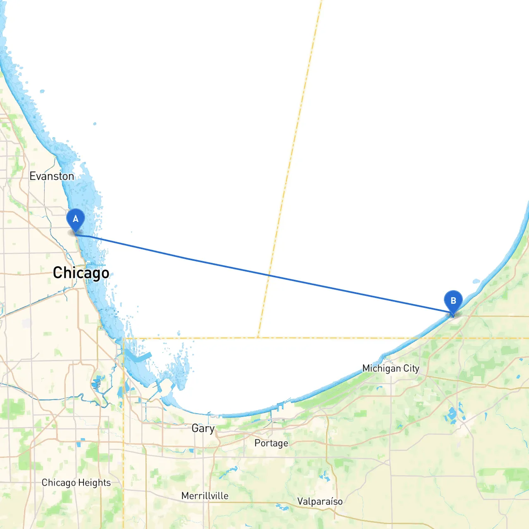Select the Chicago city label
81,273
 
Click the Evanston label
52,176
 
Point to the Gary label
203,428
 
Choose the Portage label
271,443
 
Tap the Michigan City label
391,368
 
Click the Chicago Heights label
76,483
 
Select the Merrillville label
205,496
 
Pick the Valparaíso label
320,501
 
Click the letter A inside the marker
76,219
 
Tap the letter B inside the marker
453,300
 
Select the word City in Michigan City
411,368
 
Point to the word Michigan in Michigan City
381,368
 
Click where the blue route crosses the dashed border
269,274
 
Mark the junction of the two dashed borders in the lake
258,338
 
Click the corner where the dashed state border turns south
124,338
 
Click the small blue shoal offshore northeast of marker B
476,281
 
